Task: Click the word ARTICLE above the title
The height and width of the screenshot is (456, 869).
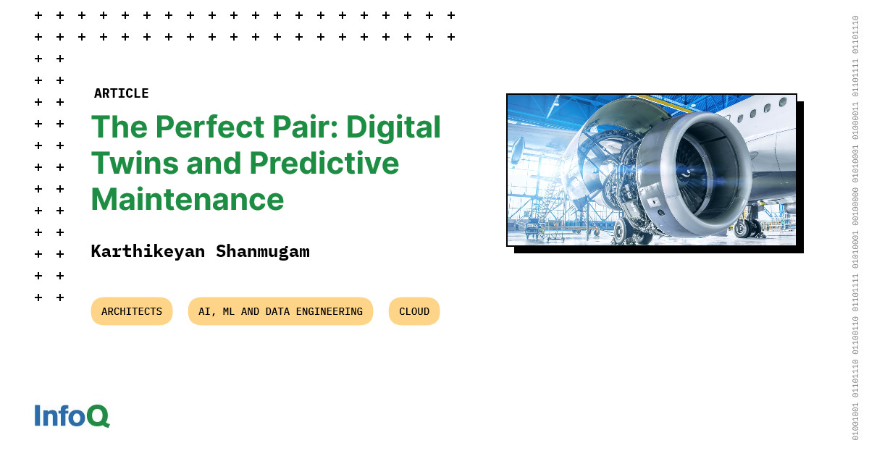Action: [x=121, y=93]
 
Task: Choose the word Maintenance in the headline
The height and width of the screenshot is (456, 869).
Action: [x=187, y=198]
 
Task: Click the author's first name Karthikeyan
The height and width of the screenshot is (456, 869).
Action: [x=148, y=252]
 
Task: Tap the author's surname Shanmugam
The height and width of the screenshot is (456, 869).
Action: [x=263, y=252]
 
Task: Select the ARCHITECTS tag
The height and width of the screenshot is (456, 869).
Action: [x=132, y=311]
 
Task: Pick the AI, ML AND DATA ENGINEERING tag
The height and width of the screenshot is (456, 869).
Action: [x=280, y=311]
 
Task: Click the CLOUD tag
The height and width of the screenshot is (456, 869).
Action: [x=414, y=311]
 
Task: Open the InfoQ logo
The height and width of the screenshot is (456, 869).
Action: [x=72, y=416]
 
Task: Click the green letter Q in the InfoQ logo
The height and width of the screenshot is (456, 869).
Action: [x=98, y=416]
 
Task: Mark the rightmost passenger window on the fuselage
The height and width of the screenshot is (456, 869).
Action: [x=783, y=103]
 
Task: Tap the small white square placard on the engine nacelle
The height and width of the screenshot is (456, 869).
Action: [x=653, y=202]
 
